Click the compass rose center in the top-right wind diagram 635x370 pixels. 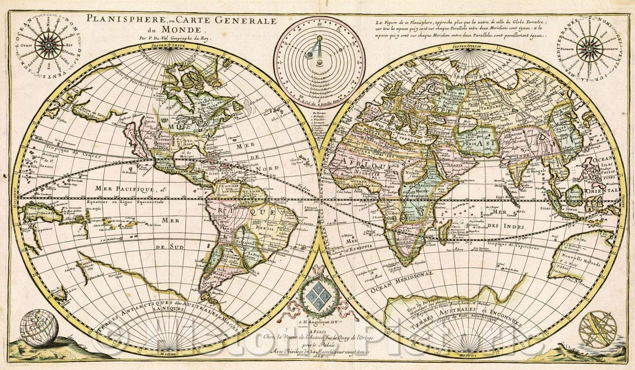pyautogui.click(x=589, y=48)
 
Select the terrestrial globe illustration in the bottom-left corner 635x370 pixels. pyautogui.click(x=39, y=328)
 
